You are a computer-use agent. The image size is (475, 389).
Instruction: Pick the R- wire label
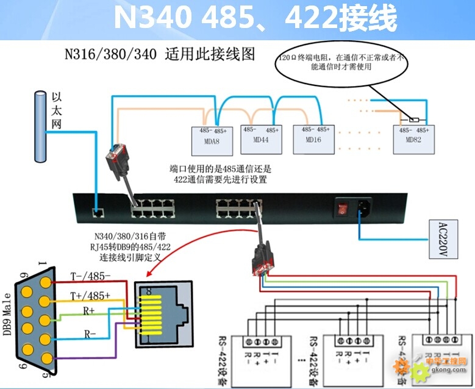click(90, 334)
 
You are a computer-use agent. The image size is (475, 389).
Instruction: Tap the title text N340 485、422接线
click(255, 18)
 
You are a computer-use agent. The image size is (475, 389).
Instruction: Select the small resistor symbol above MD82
click(414, 120)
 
